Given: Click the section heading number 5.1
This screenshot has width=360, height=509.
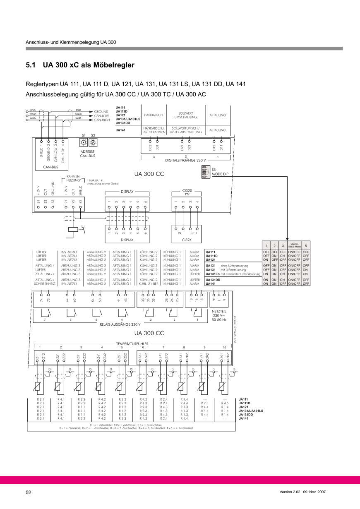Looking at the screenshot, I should coord(31,65).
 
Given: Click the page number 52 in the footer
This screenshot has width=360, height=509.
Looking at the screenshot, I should coord(29,492).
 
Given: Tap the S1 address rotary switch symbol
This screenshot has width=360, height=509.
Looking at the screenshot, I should coord(84,142).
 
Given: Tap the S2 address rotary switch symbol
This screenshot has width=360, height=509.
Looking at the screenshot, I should coord(93,142).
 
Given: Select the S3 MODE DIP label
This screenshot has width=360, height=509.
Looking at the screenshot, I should coord(220,172).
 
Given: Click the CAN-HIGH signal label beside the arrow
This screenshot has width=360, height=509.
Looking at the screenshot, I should coord(102,120).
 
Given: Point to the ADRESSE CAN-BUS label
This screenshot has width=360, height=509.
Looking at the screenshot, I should coord(88,154).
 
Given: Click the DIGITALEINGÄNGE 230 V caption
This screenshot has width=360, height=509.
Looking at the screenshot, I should coord(185,160).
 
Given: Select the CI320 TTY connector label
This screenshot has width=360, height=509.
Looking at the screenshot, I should coord(187,192).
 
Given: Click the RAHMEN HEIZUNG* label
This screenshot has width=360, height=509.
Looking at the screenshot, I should coord(73,178).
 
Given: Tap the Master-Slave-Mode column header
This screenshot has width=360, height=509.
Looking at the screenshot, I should coord(295,245).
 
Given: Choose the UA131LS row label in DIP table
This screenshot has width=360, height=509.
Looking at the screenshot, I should coord(213,274).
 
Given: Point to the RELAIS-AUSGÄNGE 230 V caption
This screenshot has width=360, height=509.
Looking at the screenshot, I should coord(120,324).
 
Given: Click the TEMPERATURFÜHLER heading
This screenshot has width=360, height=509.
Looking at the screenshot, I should coord(132,343).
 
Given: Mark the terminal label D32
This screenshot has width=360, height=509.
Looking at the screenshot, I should coord(150,147).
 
